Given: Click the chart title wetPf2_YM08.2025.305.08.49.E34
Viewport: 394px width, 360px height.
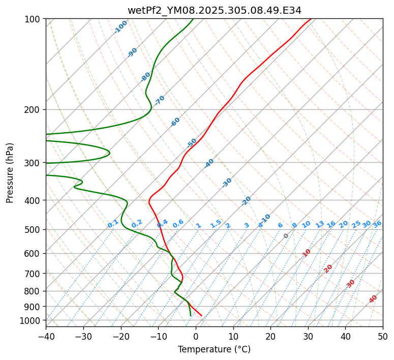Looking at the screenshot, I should pyautogui.click(x=214, y=10).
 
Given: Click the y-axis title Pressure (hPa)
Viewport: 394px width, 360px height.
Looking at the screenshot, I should pyautogui.click(x=10, y=173).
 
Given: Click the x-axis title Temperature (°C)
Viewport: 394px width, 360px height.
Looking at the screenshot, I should pyautogui.click(x=214, y=350).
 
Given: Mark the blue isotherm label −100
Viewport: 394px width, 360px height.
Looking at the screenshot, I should pyautogui.click(x=120, y=27).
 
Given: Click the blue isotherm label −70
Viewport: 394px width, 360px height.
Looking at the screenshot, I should pyautogui.click(x=160, y=100).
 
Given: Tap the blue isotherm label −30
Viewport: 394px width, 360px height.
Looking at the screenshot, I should pyautogui.click(x=227, y=183).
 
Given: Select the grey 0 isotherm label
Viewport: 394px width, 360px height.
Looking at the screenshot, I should pyautogui.click(x=286, y=236).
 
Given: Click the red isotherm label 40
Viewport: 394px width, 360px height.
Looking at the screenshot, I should pyautogui.click(x=373, y=299).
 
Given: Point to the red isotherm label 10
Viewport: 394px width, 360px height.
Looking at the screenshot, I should pyautogui.click(x=307, y=253).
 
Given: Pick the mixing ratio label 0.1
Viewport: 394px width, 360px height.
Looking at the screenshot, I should pyautogui.click(x=113, y=223).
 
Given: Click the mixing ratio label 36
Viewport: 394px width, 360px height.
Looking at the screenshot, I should pyautogui.click(x=377, y=224).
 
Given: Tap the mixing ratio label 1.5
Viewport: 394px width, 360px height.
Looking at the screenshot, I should pyautogui.click(x=216, y=223).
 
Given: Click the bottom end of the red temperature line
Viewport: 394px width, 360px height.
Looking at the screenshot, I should pyautogui.click(x=201, y=316).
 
